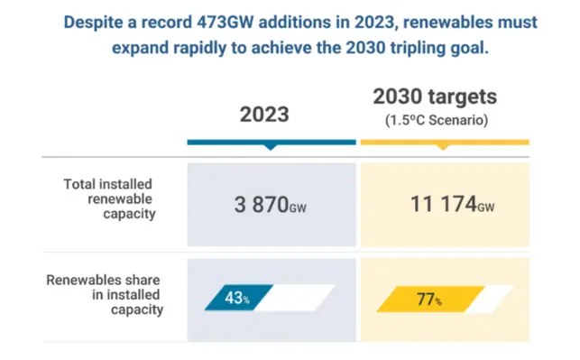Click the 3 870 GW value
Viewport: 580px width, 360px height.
coord(270,205)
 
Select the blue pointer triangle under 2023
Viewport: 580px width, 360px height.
coord(271,148)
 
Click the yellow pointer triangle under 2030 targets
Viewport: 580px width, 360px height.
coord(444,148)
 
